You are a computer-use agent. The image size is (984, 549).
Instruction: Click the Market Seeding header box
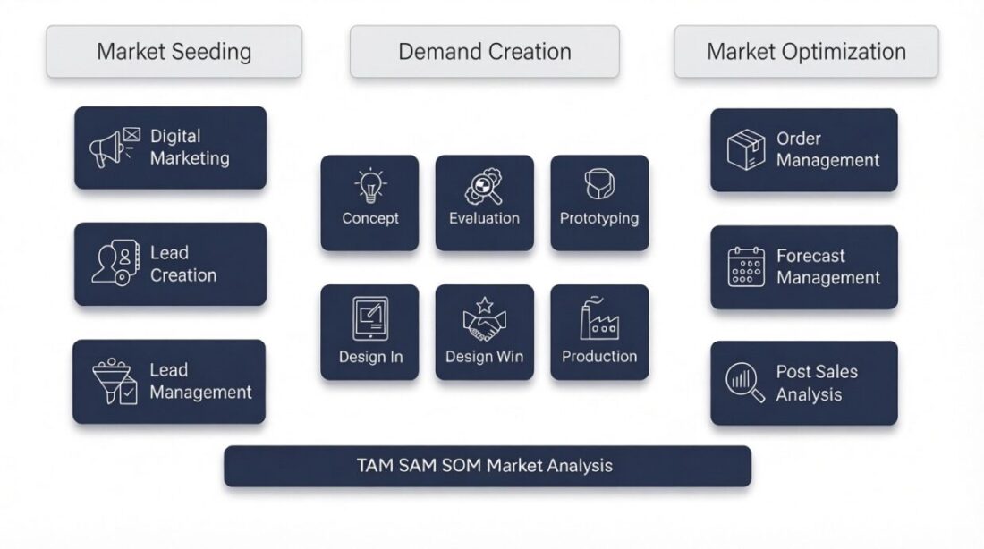tap(174, 51)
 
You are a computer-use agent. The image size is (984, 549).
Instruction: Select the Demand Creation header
tap(484, 51)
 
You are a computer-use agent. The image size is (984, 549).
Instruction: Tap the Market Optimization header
tap(806, 51)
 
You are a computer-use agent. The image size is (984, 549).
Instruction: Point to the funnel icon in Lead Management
tap(115, 382)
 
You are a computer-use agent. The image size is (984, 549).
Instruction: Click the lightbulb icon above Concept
tap(369, 185)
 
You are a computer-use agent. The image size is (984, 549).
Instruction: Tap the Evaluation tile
tap(484, 203)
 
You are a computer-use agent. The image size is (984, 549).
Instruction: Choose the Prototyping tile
tap(598, 203)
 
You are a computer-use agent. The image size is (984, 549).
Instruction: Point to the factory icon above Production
tap(598, 320)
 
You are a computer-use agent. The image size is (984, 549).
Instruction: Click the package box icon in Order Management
tap(745, 149)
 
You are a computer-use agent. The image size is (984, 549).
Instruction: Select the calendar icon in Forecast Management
tap(746, 266)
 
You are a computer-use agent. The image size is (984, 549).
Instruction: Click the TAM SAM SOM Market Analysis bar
tap(487, 466)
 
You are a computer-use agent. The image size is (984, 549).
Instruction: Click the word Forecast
tap(810, 256)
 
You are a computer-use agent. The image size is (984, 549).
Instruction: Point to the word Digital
tap(174, 136)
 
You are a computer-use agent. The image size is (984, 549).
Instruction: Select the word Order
tap(798, 139)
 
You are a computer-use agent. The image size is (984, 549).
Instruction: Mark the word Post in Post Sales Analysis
tap(793, 372)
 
